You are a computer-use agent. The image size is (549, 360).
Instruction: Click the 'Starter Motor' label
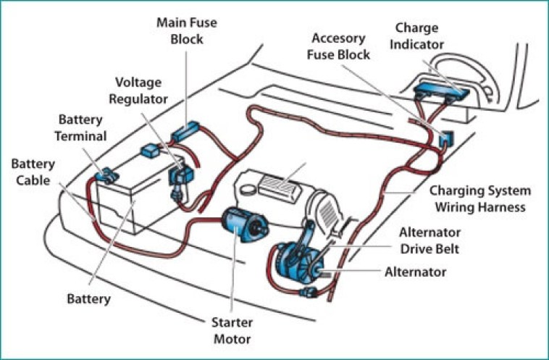[x=232, y=330]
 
